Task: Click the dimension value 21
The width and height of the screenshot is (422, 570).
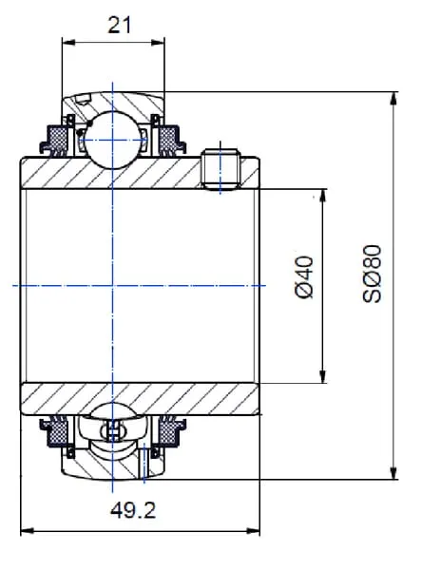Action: point(119,26)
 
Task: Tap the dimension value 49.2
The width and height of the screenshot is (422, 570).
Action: point(133,510)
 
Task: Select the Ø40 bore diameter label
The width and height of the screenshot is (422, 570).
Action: point(304,277)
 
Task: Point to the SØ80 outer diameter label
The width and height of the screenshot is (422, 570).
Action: point(372,274)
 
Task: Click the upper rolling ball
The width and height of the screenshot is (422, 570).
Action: point(113,140)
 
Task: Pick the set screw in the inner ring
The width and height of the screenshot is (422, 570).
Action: point(221,169)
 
